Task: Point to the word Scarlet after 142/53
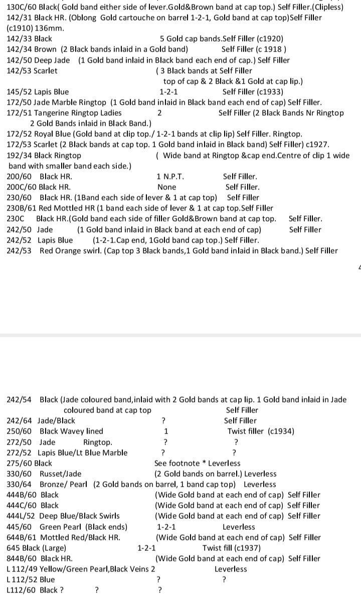tap(46, 71)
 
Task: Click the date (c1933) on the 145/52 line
tap(270, 92)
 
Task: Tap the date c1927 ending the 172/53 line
tap(315, 144)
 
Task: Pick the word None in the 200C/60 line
tap(167, 187)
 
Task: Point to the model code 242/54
tap(21, 400)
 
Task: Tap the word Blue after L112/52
tap(48, 579)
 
